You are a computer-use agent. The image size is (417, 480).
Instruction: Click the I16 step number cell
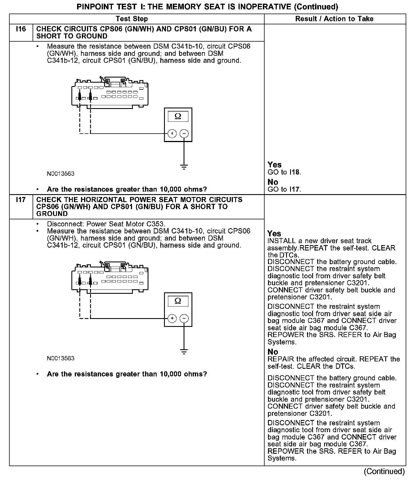point(21,29)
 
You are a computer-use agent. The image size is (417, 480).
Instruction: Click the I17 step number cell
point(21,200)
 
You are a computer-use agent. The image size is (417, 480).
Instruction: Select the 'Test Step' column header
point(132,19)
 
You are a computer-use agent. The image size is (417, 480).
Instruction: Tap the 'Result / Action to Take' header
point(334,19)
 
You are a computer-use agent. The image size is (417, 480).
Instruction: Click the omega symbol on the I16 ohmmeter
point(178,116)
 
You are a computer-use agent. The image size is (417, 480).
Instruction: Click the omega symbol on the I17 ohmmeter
point(178,301)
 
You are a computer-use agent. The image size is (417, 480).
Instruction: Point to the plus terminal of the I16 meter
point(172,133)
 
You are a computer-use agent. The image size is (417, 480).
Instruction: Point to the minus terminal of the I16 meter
point(184,133)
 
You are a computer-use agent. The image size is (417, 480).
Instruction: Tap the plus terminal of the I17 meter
point(172,318)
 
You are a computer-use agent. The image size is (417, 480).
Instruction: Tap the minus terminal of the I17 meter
point(184,318)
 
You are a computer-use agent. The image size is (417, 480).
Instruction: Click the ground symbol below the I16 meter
point(184,166)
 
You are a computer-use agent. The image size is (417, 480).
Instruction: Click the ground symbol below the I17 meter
point(184,352)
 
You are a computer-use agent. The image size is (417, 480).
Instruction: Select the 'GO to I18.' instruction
point(284,172)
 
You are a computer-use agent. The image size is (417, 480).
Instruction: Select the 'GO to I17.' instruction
point(284,189)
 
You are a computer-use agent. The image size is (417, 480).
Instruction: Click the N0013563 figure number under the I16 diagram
point(61,174)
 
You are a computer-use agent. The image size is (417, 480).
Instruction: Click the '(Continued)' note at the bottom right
point(384,471)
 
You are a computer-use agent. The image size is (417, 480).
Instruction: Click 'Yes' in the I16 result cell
point(275,165)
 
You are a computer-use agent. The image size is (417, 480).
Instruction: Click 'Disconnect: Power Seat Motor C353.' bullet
point(106,224)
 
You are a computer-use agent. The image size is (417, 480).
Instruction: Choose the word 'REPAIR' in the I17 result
point(281,359)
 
